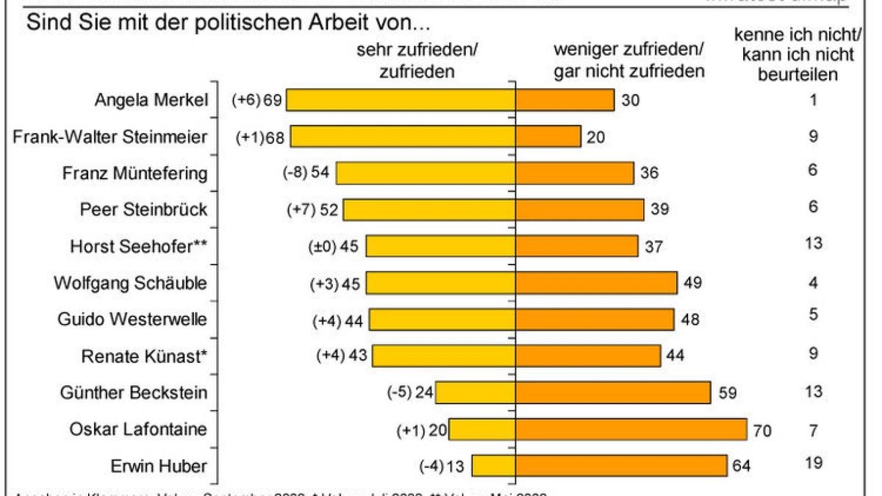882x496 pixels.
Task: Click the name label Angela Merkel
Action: (151, 100)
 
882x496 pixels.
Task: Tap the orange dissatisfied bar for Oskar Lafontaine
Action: (631, 430)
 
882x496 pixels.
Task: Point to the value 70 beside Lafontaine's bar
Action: (762, 430)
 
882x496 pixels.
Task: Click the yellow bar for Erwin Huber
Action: (493, 467)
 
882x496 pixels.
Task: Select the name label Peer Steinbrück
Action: (143, 209)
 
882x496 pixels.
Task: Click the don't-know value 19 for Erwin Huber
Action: (813, 463)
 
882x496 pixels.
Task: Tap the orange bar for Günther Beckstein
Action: (613, 393)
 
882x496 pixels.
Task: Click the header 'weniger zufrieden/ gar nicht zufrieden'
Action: (628, 61)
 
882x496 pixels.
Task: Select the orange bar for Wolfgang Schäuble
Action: (596, 283)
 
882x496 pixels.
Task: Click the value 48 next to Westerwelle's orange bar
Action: (692, 320)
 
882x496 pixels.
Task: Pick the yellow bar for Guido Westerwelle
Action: (442, 320)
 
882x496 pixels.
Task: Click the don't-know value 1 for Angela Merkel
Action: (813, 99)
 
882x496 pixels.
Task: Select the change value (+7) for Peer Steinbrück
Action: (300, 210)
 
